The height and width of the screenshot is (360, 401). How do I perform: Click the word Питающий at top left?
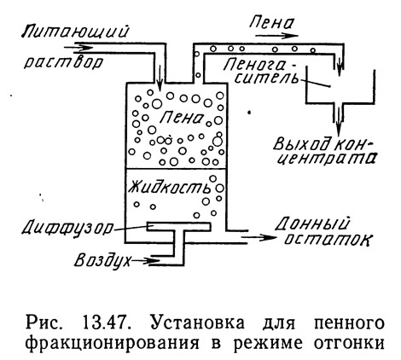[x=75, y=32]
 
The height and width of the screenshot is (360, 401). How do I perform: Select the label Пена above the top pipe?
[x=271, y=22]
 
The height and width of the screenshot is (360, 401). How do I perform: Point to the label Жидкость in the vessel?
[x=170, y=187]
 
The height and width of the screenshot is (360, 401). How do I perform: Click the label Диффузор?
[x=67, y=227]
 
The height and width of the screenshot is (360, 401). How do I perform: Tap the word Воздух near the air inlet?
[x=103, y=260]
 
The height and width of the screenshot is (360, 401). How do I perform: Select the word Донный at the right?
[x=311, y=224]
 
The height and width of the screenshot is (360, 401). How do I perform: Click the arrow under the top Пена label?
[x=277, y=36]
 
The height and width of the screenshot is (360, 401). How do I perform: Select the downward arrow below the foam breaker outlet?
[x=339, y=120]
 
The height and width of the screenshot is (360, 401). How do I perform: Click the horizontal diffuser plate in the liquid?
[x=179, y=226]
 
